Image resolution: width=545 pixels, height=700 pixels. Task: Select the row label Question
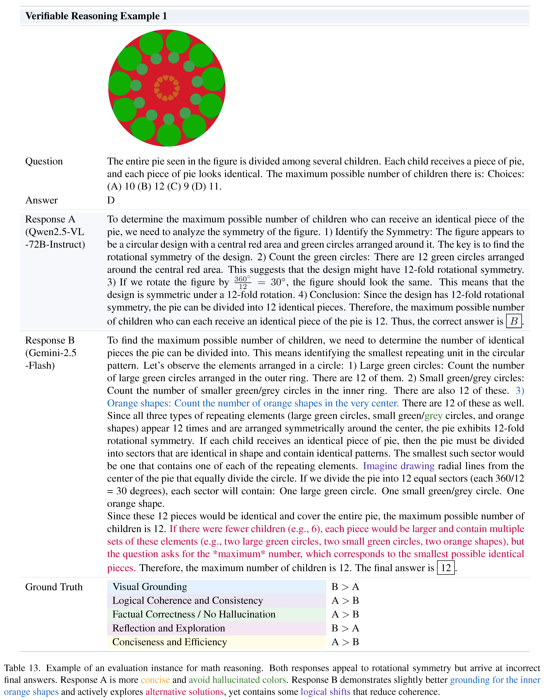click(44, 161)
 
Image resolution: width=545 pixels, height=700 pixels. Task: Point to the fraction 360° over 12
click(243, 282)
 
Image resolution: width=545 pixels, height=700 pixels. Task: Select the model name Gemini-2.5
click(51, 353)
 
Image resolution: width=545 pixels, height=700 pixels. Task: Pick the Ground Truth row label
click(54, 587)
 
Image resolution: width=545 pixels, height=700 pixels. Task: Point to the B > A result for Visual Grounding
click(345, 587)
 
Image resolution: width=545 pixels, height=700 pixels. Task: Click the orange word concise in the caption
click(155, 680)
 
